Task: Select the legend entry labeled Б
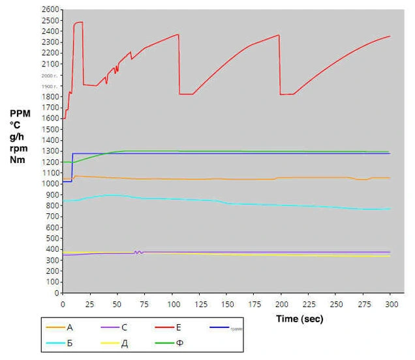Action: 70,344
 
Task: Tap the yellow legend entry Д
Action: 125,344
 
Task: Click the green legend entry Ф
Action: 179,344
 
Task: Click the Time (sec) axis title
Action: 300,320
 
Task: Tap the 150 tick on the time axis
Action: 226,304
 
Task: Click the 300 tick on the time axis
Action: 390,304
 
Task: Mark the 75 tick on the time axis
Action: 144,304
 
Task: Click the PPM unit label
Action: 20,113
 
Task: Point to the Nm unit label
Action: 18,160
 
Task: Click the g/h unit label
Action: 18,136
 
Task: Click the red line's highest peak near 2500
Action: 78,22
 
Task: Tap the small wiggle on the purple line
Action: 138,252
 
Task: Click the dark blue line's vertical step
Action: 72,167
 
